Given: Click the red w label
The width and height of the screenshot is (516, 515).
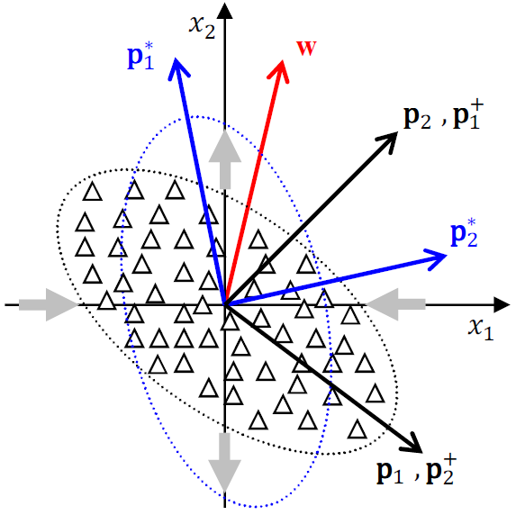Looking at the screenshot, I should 307,46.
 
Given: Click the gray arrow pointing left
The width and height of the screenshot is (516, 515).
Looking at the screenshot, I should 384,305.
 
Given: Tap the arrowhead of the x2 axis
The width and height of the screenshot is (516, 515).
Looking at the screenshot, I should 224,12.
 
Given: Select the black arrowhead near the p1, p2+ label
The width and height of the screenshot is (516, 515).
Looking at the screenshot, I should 414,443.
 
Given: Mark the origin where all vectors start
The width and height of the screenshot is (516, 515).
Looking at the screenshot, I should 224,305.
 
